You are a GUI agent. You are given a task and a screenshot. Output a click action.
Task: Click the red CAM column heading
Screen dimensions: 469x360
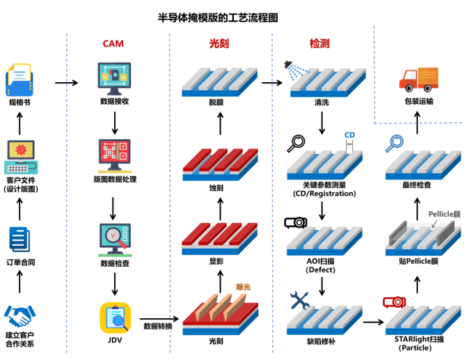tap(113, 44)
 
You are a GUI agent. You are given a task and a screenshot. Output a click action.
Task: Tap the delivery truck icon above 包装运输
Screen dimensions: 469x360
tap(419, 79)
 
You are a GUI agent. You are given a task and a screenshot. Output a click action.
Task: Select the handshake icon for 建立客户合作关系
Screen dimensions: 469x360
tap(19, 315)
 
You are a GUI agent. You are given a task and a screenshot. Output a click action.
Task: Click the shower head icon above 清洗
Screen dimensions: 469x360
tap(296, 70)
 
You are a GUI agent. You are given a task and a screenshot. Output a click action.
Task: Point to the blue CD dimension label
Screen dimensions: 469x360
tap(349, 135)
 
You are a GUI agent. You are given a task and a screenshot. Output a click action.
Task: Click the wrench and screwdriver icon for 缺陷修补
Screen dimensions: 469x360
tap(300, 300)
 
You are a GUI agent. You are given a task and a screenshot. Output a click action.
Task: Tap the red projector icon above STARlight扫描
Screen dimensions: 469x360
tap(395, 302)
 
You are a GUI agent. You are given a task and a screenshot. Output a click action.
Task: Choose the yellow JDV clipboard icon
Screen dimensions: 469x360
tap(115, 318)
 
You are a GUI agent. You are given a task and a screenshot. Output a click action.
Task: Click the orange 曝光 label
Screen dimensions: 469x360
tap(243, 288)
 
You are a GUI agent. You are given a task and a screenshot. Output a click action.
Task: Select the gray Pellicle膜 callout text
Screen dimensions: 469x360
tap(444, 214)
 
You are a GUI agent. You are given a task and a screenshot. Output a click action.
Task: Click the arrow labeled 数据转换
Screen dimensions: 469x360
tap(159, 319)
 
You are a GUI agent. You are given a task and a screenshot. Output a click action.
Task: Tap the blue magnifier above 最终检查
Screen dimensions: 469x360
tap(395, 143)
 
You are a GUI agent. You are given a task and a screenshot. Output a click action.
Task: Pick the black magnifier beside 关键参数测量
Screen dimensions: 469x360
tap(296, 143)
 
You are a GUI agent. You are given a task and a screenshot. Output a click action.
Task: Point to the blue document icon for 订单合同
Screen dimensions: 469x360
tap(19, 240)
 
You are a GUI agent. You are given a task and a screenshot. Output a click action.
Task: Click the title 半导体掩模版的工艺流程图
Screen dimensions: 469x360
tap(218, 17)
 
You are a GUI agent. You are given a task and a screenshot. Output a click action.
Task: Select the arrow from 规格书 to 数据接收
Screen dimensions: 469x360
tap(66, 83)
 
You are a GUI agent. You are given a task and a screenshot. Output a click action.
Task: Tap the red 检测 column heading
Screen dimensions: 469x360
tap(319, 44)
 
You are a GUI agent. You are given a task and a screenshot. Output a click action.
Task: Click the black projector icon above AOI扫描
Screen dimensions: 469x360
tap(296, 223)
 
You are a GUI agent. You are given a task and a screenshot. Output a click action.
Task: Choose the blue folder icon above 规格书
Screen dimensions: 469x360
tap(19, 80)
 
